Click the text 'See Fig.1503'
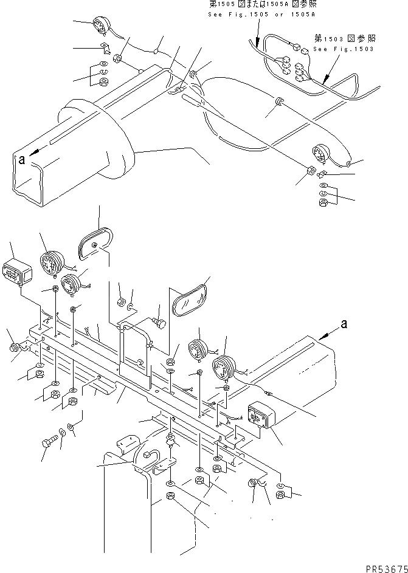344,49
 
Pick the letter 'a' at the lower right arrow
344,324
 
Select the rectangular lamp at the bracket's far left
18,271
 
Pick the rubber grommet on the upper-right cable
278,100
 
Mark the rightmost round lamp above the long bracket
223,367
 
